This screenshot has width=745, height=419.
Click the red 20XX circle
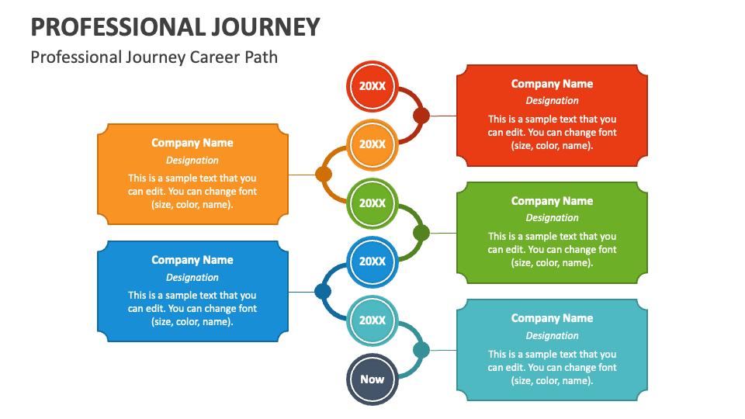pyautogui.click(x=372, y=85)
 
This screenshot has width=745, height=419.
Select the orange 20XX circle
pyautogui.click(x=372, y=144)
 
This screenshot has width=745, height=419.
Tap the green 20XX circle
pyautogui.click(x=372, y=203)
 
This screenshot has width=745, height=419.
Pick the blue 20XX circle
pyautogui.click(x=372, y=261)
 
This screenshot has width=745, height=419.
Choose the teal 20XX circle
pyautogui.click(x=372, y=320)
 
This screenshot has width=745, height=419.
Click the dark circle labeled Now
pyautogui.click(x=372, y=379)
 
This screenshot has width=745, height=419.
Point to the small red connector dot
pyautogui.click(x=421, y=116)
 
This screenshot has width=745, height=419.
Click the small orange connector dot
pyautogui.click(x=324, y=175)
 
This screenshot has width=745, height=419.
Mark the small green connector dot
pyautogui.click(x=421, y=233)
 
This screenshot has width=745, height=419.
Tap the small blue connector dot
pyautogui.click(x=323, y=292)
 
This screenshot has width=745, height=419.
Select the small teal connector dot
pyautogui.click(x=421, y=350)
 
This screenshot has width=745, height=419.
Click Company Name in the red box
pyautogui.click(x=552, y=84)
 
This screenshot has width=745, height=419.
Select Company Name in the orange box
pyautogui.click(x=192, y=143)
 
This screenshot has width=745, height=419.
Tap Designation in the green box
pyautogui.click(x=552, y=218)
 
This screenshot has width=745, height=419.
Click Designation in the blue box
pyautogui.click(x=192, y=277)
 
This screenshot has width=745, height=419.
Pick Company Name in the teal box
pyautogui.click(x=552, y=318)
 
